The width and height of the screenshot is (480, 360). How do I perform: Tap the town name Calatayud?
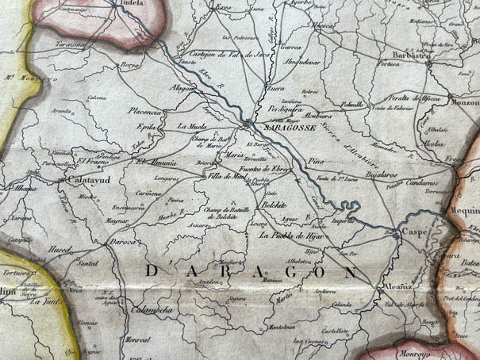pos(83,181)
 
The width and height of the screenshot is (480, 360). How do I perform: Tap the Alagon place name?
pos(182,89)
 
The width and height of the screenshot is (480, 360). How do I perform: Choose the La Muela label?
pos(191,125)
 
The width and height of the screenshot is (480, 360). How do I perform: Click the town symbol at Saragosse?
pos(249,123)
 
